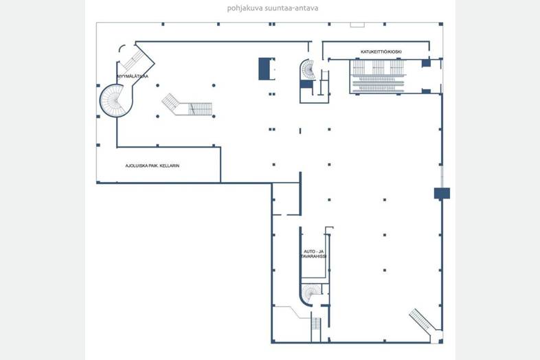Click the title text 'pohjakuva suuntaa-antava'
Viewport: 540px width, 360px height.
273,8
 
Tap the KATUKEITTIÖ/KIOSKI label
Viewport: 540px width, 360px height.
381,52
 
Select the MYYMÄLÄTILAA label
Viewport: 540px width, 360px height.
133,76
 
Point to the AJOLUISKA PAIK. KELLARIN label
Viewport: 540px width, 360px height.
153,166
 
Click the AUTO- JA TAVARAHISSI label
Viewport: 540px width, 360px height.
313,254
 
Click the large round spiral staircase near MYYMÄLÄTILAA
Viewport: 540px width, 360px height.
116,100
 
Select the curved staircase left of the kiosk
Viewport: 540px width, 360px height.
308,69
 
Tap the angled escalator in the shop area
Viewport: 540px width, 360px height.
187,105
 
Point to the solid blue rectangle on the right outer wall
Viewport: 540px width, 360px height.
442,193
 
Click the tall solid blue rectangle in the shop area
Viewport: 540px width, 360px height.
265,69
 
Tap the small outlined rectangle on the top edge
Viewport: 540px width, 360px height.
357,25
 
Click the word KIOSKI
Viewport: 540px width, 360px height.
395,52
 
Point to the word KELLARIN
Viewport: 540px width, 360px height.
170,166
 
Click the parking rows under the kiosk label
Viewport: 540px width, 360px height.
378,76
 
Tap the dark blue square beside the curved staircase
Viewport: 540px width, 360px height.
306,85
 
